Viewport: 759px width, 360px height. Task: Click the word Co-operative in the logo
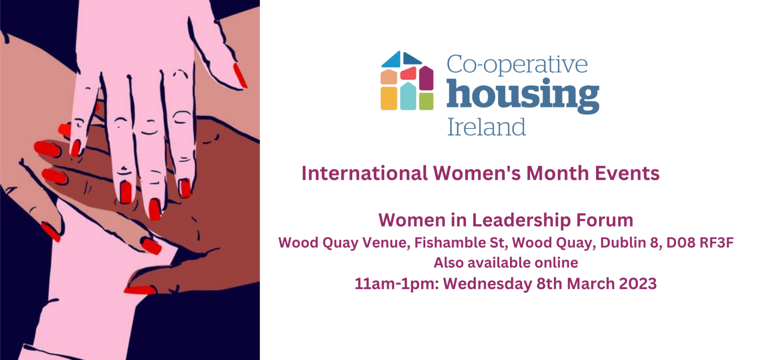click(517, 65)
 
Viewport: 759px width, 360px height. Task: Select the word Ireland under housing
click(486, 127)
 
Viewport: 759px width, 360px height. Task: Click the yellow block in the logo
click(389, 98)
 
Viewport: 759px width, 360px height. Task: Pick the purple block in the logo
click(426, 78)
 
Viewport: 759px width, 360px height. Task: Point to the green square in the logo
click(426, 101)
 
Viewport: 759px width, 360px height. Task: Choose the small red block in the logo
click(408, 74)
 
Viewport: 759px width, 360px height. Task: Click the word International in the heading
click(364, 173)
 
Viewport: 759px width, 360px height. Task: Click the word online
click(556, 263)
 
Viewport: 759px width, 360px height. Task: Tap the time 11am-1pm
click(396, 284)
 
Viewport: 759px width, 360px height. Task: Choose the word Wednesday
click(487, 284)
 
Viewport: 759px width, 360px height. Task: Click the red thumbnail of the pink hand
click(240, 75)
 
